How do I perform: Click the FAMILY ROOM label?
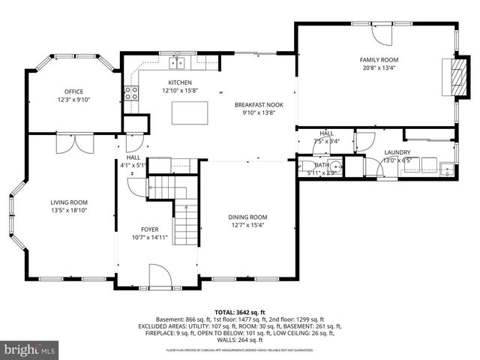pyautogui.click(x=379, y=59)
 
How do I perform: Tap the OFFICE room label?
pyautogui.click(x=73, y=91)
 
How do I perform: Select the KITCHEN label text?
pyautogui.click(x=180, y=82)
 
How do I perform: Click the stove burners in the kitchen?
pyautogui.click(x=131, y=93)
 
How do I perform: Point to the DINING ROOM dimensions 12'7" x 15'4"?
pyautogui.click(x=247, y=225)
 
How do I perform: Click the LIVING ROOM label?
pyautogui.click(x=69, y=202)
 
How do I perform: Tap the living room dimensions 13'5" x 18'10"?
pyautogui.click(x=69, y=211)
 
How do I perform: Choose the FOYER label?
pyautogui.click(x=150, y=229)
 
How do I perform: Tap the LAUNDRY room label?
pyautogui.click(x=397, y=151)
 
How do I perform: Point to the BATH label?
pyautogui.click(x=322, y=165)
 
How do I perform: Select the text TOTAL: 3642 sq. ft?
pyautogui.click(x=240, y=312)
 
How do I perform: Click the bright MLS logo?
pyautogui.click(x=30, y=349)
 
